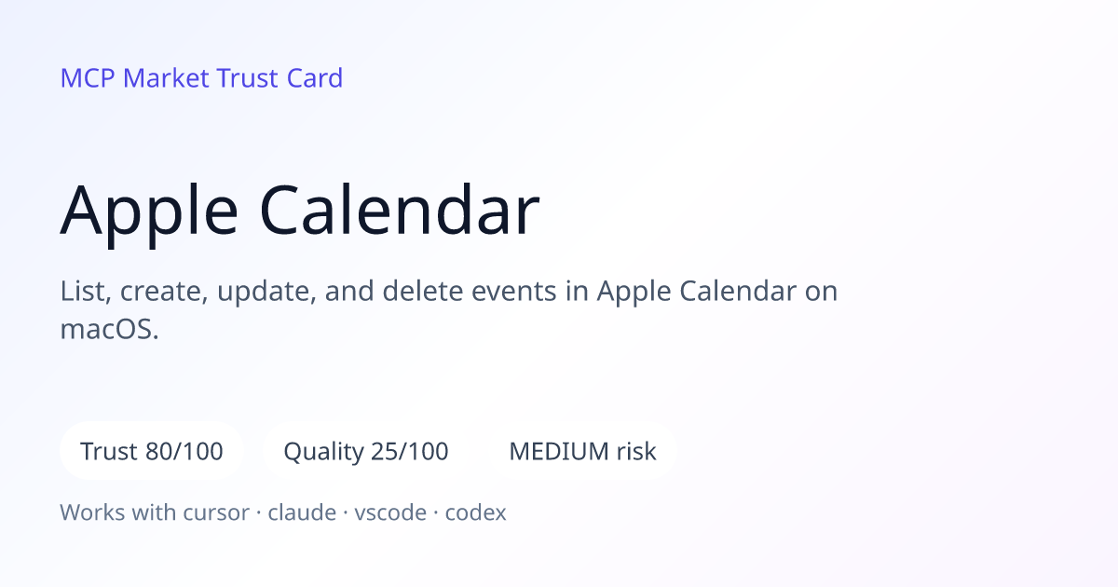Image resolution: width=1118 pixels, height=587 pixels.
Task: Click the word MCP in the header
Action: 88,78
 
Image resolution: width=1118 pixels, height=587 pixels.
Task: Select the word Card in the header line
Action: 315,78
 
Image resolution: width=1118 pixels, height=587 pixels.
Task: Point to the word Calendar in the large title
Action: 400,209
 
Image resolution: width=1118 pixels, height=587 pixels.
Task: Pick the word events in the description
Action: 513,291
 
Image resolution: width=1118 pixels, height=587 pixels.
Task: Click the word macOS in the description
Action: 109,330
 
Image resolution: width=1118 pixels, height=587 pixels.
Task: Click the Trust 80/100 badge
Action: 152,451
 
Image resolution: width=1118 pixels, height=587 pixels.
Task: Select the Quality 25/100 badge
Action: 366,451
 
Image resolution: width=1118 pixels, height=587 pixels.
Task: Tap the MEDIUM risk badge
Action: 582,451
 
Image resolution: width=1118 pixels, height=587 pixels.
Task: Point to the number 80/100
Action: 184,451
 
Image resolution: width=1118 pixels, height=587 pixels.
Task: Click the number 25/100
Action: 410,451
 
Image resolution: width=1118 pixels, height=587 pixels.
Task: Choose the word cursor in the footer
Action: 216,512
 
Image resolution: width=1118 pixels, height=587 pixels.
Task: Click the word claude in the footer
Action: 302,512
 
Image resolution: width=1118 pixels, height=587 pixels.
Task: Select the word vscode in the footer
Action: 390,512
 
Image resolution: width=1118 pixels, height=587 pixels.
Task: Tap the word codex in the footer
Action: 476,512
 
